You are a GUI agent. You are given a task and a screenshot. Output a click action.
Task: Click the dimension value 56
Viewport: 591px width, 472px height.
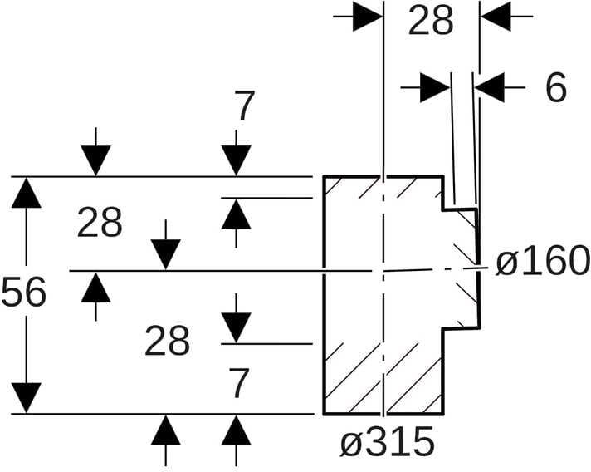23,293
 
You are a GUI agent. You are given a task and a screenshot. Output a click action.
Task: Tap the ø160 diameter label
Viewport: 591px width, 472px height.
543,263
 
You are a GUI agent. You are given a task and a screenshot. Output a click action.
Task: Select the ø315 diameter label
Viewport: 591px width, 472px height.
387,442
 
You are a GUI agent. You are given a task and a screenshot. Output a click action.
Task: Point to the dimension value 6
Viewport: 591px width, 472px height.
556,87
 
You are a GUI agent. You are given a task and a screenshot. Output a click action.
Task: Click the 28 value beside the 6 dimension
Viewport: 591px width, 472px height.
431,22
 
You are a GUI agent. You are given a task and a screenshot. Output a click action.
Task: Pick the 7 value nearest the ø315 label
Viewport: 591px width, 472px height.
238,384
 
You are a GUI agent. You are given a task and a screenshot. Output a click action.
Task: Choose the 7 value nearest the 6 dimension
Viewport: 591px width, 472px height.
244,107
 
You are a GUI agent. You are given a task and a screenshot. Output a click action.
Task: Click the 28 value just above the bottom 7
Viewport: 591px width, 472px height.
167,341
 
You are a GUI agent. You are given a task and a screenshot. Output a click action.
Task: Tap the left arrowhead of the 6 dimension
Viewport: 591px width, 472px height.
434,87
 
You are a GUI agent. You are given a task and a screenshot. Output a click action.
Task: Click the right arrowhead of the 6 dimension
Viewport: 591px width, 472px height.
490,87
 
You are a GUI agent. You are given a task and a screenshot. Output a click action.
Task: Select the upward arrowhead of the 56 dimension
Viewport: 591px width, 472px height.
27,193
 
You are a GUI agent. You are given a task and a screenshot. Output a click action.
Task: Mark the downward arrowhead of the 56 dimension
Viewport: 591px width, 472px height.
27,397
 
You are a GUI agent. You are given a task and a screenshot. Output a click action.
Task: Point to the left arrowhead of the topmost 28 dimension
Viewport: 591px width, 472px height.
366,16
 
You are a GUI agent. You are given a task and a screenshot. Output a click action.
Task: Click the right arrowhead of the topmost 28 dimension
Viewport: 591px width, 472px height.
496,16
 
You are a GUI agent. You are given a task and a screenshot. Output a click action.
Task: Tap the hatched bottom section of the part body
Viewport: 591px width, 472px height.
382,378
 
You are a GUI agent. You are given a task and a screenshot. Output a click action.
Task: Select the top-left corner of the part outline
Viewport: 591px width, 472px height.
323,176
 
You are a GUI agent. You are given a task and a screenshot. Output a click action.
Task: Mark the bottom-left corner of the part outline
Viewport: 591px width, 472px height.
323,413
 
